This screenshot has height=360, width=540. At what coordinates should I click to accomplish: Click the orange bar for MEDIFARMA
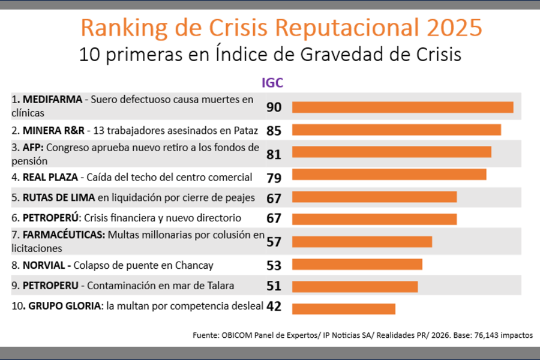402,107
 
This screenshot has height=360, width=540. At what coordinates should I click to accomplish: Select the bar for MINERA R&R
396,130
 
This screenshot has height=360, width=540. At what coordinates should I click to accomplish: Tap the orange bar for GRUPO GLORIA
343,308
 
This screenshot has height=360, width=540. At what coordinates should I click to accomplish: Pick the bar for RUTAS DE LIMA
374,197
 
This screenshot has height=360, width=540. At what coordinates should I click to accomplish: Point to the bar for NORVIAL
357,265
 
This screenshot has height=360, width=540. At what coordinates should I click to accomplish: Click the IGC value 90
274,107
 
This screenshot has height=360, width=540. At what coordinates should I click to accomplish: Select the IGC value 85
274,130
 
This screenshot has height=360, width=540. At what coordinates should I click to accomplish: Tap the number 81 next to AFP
274,154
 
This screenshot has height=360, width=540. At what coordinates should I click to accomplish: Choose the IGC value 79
274,178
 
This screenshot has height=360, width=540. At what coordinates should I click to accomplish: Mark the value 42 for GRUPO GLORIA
274,306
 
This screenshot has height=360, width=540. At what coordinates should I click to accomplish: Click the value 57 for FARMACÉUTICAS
274,242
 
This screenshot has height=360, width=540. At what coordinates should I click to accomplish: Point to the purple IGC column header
272,83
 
